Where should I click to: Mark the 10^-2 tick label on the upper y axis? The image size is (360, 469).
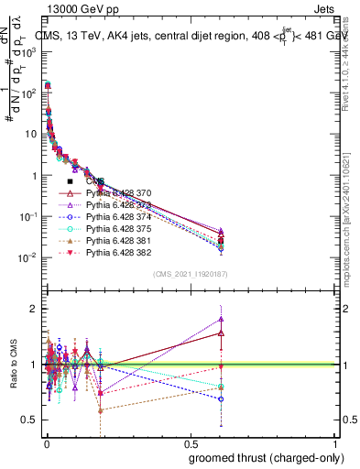click(27, 258)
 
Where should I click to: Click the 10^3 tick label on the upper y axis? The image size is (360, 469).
click(28, 52)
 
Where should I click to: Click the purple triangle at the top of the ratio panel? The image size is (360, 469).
click(221, 320)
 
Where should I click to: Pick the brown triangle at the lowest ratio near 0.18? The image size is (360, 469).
click(100, 409)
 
